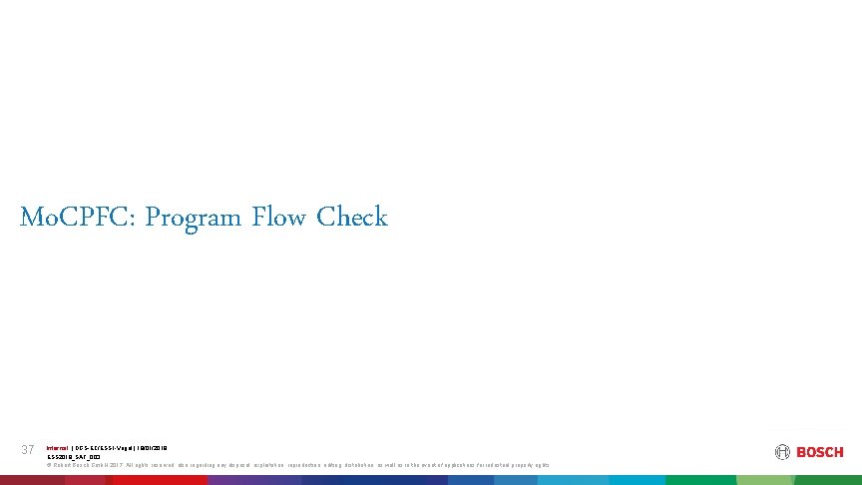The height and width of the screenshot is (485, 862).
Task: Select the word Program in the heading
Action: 193,217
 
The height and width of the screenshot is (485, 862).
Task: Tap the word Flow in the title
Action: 280,217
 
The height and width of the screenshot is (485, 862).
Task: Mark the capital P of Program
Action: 153,217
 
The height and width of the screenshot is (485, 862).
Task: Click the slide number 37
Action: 28,450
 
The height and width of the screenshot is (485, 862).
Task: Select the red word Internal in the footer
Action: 58,447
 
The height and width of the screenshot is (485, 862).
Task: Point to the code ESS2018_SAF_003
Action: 74,456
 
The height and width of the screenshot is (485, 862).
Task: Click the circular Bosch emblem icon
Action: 782,452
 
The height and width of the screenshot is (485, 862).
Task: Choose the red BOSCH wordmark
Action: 820,452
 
